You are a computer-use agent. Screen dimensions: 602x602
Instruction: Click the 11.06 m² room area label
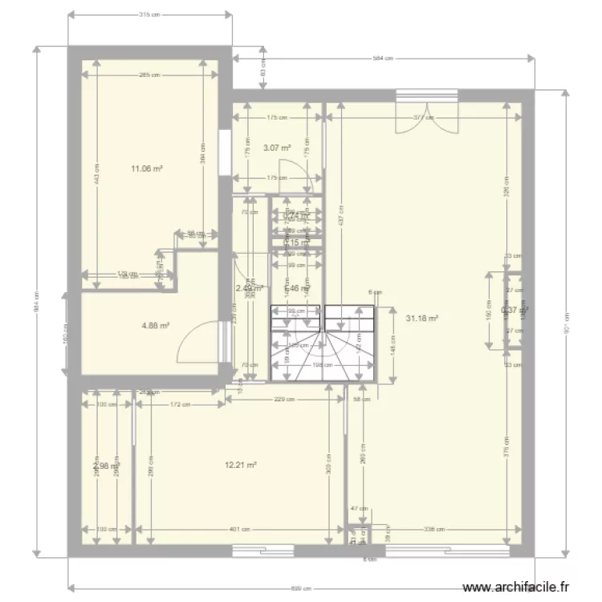[x=148, y=169]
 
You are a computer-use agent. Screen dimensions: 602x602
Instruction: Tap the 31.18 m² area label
[x=422, y=318]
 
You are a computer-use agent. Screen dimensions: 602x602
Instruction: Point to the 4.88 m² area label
[x=154, y=326]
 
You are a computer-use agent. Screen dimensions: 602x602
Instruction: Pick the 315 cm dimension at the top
[x=145, y=14]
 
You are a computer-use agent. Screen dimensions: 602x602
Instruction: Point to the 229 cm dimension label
[x=281, y=399]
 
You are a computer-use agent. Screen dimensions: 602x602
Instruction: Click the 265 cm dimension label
[x=149, y=75]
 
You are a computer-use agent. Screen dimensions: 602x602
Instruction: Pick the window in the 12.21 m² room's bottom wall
[x=264, y=550]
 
